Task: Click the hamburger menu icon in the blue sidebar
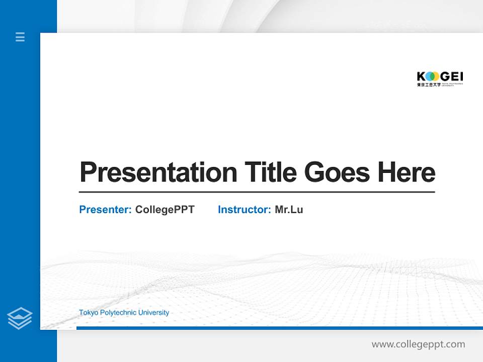click(20, 37)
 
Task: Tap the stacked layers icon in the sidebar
click(20, 318)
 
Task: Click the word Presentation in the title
click(158, 172)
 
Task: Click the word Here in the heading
click(406, 172)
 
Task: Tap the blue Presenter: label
click(105, 210)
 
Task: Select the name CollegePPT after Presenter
click(165, 210)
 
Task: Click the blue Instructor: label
click(244, 210)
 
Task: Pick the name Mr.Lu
click(289, 210)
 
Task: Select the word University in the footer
click(153, 313)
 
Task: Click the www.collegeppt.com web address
click(418, 344)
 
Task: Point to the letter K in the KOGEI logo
click(421, 76)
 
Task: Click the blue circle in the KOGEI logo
click(429, 76)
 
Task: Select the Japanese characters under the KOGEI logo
click(428, 85)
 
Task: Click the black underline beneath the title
click(257, 192)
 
